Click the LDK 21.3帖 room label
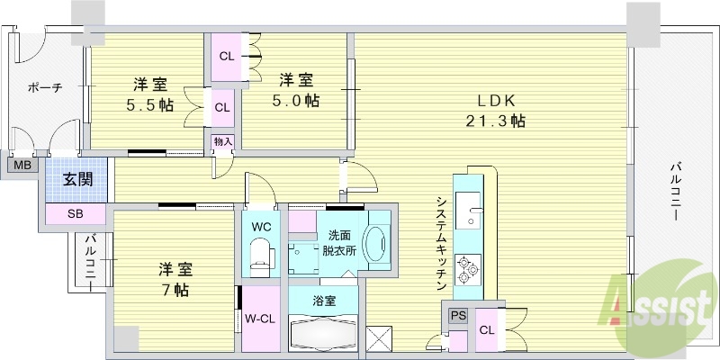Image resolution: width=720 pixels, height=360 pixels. tap(496, 111)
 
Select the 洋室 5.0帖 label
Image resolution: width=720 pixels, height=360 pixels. tap(295, 90)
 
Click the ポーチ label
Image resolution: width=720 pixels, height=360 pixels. tap(44, 88)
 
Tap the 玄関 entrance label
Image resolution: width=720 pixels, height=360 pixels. tap(76, 178)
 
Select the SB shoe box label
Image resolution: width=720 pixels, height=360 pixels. tap(75, 214)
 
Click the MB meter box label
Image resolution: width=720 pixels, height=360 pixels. tap(21, 165)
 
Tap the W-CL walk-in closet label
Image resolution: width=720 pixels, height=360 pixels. tap(260, 318)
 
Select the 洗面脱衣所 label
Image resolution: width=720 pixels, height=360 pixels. tap(339, 243)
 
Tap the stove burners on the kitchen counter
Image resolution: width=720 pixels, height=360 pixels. tap(469, 265)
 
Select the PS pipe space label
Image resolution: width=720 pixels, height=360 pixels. tap(457, 316)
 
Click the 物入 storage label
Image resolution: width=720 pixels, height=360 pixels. tap(222, 141)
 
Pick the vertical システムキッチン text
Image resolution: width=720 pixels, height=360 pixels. tap(440, 243)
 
